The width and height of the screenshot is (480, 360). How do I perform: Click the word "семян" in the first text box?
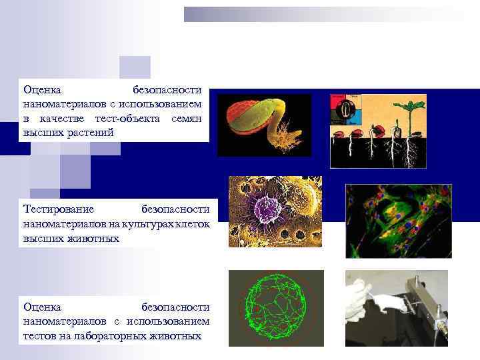pyautogui.click(x=190, y=118)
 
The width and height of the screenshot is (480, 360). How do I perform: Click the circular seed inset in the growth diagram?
pyautogui.click(x=346, y=109)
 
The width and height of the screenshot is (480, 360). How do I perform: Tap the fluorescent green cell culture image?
pyautogui.click(x=398, y=221)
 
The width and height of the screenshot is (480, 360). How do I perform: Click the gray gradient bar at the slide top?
pyautogui.click(x=327, y=14)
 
